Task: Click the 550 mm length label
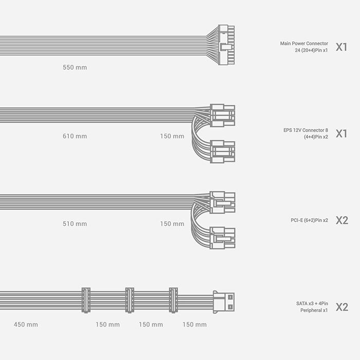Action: click(x=75, y=67)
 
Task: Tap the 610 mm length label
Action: click(x=75, y=136)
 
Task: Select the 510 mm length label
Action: click(x=75, y=224)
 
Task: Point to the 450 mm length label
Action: click(x=26, y=325)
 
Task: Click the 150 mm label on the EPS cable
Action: click(x=172, y=136)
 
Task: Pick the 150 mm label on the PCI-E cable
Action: click(x=172, y=224)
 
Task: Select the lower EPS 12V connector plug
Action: click(x=223, y=151)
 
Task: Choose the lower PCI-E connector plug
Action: click(x=223, y=238)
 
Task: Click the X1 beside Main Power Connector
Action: click(x=341, y=47)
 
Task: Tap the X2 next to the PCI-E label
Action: click(x=341, y=220)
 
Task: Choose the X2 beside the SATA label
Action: click(x=341, y=307)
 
